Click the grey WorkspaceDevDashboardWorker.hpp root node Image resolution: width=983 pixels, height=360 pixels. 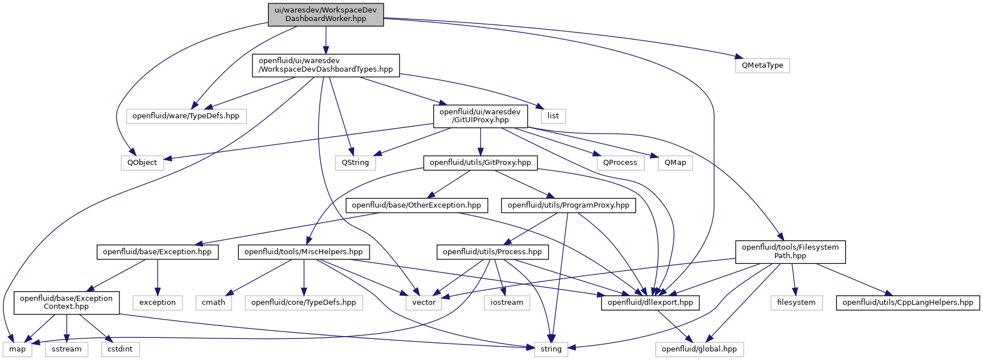(326, 14)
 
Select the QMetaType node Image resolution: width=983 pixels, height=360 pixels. (762, 65)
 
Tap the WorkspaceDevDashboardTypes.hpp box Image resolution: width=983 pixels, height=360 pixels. (326, 65)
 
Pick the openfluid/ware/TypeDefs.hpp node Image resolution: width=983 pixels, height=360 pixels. (186, 116)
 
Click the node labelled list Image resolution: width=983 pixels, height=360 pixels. (553, 116)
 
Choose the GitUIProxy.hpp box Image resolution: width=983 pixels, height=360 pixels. (480, 116)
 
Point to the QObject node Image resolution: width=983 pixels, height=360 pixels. (142, 163)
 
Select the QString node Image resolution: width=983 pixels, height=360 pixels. (355, 163)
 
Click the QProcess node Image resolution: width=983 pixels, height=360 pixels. (620, 163)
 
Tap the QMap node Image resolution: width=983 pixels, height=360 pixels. (675, 163)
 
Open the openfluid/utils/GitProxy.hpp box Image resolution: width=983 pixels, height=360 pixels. (480, 163)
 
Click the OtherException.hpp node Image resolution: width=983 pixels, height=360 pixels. (416, 205)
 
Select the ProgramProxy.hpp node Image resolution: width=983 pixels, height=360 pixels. (569, 205)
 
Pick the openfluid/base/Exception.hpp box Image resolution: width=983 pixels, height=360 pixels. (157, 252)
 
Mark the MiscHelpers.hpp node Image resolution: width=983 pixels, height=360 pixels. (304, 252)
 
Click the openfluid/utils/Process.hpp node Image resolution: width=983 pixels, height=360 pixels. (492, 252)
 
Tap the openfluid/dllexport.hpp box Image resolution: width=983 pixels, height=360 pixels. (650, 303)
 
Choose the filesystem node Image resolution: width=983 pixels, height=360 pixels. (796, 303)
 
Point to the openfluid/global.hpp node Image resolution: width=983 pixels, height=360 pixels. (699, 349)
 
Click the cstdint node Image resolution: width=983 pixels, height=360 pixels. (120, 349)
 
